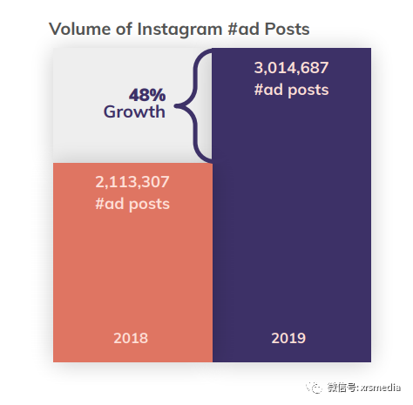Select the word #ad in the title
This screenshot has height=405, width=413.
click(239, 30)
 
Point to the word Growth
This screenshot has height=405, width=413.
click(134, 111)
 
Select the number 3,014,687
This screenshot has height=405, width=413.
click(292, 68)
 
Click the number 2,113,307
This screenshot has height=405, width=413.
click(132, 182)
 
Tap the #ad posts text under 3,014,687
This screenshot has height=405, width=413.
click(292, 89)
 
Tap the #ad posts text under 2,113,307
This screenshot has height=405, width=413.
click(132, 204)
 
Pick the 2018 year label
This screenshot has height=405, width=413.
click(131, 338)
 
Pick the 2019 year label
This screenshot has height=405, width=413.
click(288, 338)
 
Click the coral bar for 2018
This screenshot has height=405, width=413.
click(131, 270)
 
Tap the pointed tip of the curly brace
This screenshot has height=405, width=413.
click(177, 107)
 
